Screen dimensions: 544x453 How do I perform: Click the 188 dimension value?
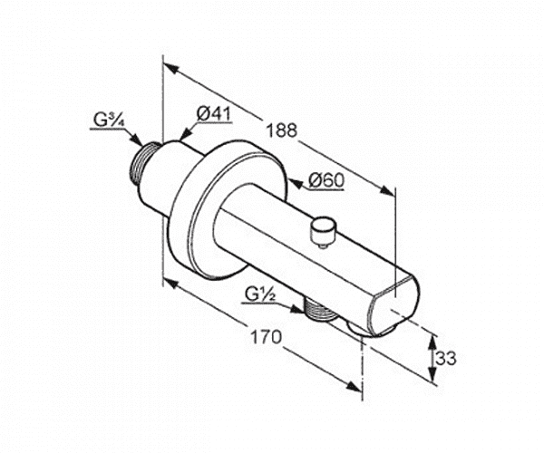coord(282,130)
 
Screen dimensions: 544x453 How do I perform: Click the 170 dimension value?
coord(266,336)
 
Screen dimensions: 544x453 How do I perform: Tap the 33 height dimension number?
coord(446,359)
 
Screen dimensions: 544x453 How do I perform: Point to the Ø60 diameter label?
coord(326,180)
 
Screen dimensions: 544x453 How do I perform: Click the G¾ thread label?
coord(106,120)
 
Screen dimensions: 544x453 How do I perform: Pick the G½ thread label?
coord(260,295)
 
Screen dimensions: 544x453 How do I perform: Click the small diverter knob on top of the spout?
coord(324,231)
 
